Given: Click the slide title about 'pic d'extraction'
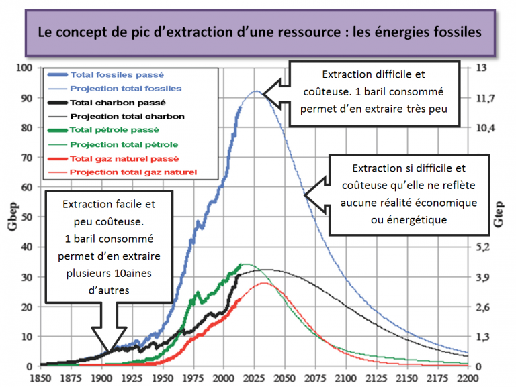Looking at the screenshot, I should coord(258,32).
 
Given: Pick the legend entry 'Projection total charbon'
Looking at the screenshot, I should coord(126,116).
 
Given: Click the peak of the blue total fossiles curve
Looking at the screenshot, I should coord(256,91).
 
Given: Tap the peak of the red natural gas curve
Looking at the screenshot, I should coord(263,282).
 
